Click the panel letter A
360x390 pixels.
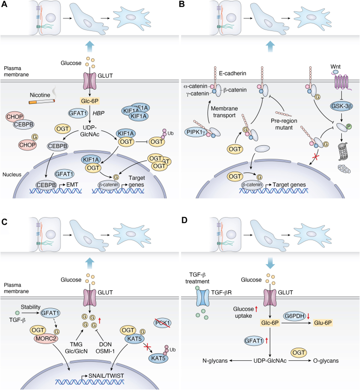coord(4,4)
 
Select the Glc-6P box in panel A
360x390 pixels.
coord(90,101)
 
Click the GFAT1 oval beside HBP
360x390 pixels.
coord(78,113)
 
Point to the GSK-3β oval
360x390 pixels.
coord(342,106)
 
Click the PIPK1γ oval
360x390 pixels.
coord(197,132)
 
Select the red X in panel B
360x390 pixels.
coord(315,157)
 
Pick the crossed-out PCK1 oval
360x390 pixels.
coord(162,323)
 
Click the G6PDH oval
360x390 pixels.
coord(294,316)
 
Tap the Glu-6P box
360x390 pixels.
coord(323,323)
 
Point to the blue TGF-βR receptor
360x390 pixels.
coord(203,297)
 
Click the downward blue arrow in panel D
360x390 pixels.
coord(270,263)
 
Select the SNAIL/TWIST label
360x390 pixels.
coord(106,375)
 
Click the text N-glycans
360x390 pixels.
coord(215,361)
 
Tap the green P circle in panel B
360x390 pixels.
coord(349,126)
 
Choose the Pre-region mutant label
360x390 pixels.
coord(283,124)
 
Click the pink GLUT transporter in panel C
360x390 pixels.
coord(90,297)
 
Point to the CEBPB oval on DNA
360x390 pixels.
coord(46,185)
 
